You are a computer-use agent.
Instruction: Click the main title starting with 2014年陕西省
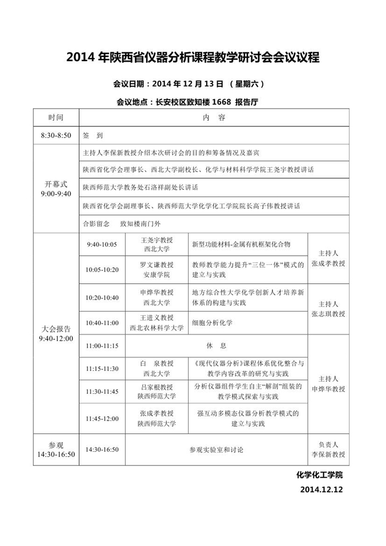(193, 57)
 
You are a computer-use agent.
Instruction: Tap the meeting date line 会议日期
(189, 84)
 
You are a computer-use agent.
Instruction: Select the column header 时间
(56, 118)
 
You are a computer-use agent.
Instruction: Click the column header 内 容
(213, 118)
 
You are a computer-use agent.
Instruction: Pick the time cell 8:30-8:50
(56, 135)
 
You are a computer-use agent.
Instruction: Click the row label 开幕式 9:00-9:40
(56, 189)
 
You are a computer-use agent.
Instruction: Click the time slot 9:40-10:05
(101, 244)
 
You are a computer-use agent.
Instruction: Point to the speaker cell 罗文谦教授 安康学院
(157, 269)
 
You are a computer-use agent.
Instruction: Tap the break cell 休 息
(216, 346)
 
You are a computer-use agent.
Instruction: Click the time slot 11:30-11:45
(101, 391)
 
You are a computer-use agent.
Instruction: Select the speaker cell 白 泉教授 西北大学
(157, 368)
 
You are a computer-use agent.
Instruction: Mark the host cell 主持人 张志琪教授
(328, 309)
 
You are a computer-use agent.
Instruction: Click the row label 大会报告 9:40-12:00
(56, 333)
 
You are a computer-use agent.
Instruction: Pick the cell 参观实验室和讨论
(216, 450)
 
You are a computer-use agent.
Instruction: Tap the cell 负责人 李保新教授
(328, 449)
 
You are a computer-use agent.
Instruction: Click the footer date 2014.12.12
(321, 489)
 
